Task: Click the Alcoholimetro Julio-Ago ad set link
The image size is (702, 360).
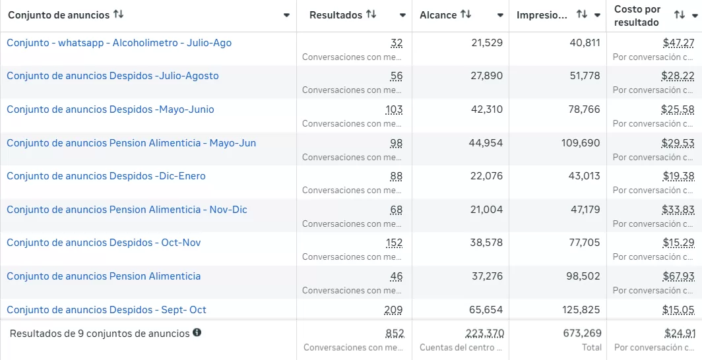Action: pyautogui.click(x=119, y=43)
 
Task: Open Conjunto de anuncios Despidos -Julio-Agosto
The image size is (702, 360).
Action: pyautogui.click(x=112, y=76)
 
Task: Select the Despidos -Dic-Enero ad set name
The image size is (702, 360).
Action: pyautogui.click(x=106, y=176)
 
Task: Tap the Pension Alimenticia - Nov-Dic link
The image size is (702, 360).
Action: pyautogui.click(x=127, y=210)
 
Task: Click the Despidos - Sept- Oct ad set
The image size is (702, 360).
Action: pyautogui.click(x=106, y=310)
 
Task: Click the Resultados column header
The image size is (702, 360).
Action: pyautogui.click(x=336, y=15)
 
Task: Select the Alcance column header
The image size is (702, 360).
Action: pyautogui.click(x=438, y=15)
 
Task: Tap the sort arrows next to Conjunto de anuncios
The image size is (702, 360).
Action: pyautogui.click(x=119, y=15)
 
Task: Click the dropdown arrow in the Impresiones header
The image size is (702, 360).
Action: pyautogui.click(x=598, y=15)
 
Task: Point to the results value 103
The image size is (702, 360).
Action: pyautogui.click(x=394, y=109)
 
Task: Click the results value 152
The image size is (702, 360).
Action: pyautogui.click(x=394, y=243)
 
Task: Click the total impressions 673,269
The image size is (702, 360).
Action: pyautogui.click(x=582, y=334)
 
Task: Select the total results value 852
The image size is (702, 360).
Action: pyautogui.click(x=395, y=334)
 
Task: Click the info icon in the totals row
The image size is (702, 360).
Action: pyautogui.click(x=197, y=333)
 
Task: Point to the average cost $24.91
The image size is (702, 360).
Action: pyautogui.click(x=680, y=334)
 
